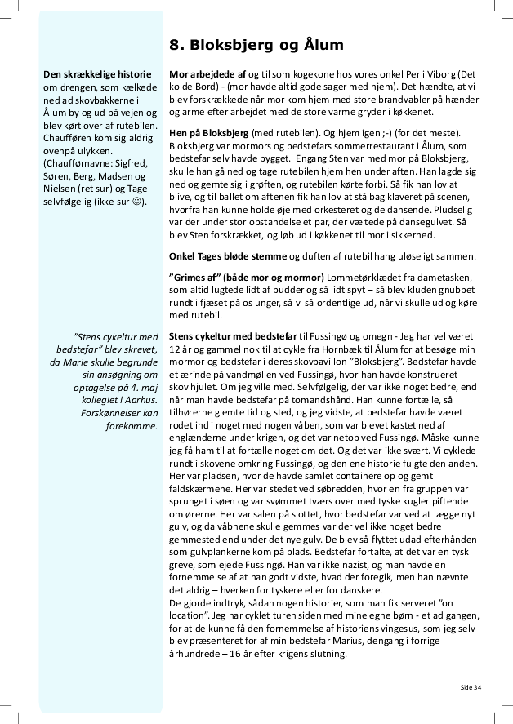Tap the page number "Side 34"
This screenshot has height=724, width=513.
(471, 686)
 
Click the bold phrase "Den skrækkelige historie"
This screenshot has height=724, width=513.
(90, 74)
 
